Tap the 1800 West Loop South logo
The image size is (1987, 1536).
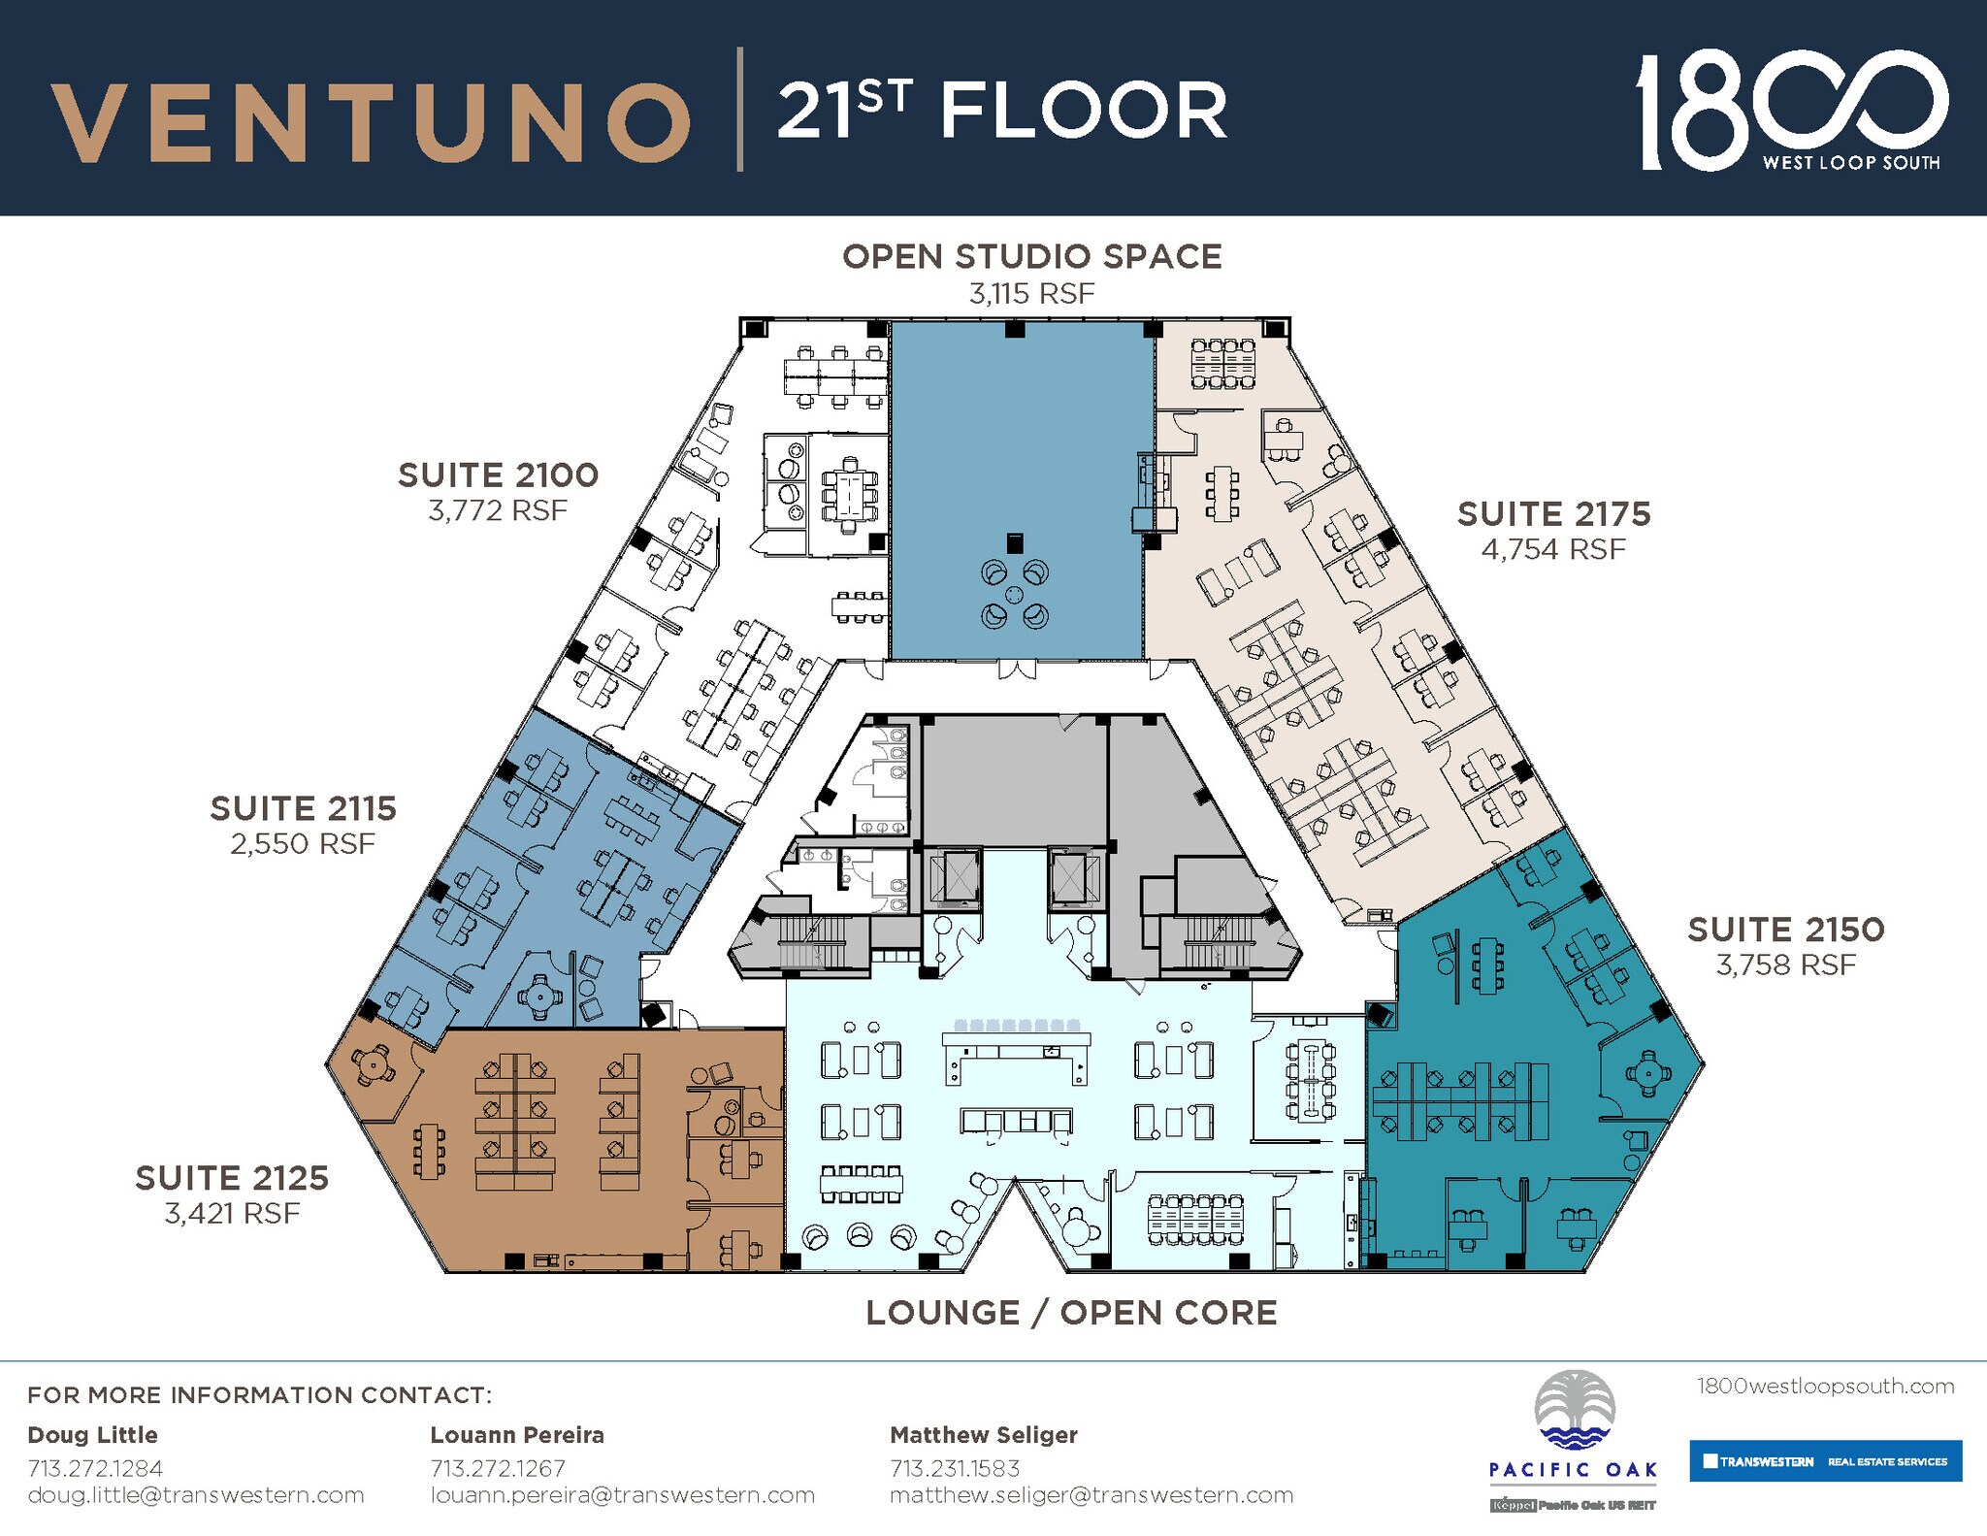[1790, 112]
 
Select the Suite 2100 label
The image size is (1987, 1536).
[498, 475]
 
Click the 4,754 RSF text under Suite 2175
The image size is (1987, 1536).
[1552, 549]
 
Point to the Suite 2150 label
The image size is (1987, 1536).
[1785, 930]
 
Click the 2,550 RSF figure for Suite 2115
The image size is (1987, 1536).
[303, 844]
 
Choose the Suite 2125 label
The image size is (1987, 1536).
[232, 1178]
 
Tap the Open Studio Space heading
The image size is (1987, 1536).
[1031, 257]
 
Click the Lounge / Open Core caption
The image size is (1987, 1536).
[1071, 1313]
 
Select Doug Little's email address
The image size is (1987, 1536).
[196, 1495]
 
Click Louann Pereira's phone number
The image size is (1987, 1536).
[498, 1468]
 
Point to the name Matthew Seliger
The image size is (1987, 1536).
[984, 1434]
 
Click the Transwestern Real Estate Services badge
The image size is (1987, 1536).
[1825, 1460]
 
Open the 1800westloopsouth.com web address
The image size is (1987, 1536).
[1825, 1386]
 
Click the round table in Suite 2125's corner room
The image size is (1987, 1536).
[373, 1064]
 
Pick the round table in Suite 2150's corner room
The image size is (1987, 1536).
[1647, 1072]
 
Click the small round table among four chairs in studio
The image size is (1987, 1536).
[1014, 594]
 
